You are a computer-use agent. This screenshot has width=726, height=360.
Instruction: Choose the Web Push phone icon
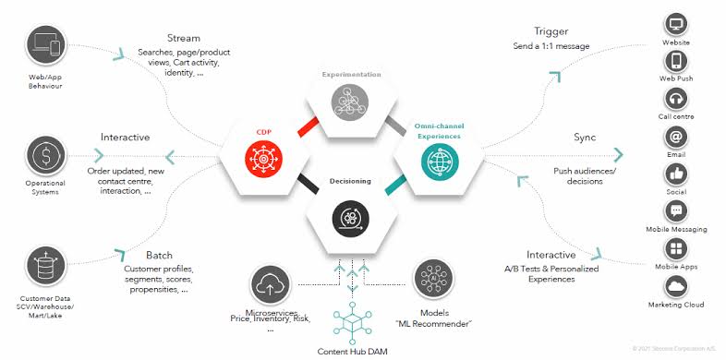point(676,60)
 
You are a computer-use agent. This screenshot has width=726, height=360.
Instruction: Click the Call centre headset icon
point(676,98)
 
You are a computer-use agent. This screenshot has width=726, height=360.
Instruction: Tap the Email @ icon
point(676,136)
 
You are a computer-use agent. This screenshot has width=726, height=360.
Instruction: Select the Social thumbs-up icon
point(676,173)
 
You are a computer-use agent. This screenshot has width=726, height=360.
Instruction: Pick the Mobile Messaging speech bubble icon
point(676,210)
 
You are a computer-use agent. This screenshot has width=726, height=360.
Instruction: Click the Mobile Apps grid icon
point(676,248)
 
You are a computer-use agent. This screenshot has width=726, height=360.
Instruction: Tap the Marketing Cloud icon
point(676,285)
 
